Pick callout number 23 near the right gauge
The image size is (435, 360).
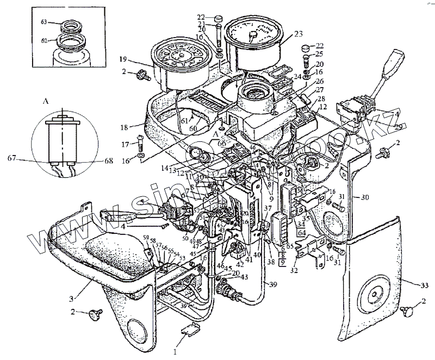(299, 33)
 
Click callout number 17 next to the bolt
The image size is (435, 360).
(125, 145)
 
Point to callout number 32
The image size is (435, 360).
(294, 268)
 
